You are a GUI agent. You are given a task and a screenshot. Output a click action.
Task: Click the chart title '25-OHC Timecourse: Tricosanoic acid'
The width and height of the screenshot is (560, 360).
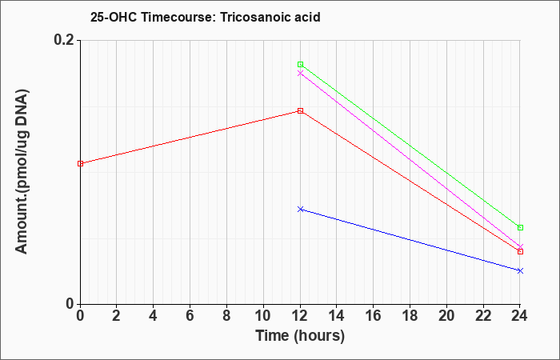(206, 17)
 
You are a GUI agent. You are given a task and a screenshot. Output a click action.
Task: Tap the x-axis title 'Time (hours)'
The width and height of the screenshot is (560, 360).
(300, 336)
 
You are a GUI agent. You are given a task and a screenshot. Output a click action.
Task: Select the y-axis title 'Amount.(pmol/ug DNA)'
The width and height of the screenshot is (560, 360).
(22, 172)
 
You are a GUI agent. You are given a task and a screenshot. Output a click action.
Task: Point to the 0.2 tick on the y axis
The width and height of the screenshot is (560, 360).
(66, 40)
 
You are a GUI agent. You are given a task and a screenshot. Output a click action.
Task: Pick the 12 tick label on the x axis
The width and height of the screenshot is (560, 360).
(300, 316)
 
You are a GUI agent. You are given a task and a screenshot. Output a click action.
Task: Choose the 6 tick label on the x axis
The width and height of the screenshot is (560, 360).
(190, 316)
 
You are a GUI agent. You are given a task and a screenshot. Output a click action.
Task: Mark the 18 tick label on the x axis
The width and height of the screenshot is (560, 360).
(410, 316)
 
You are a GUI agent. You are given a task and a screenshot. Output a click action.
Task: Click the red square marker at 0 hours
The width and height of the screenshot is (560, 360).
(81, 163)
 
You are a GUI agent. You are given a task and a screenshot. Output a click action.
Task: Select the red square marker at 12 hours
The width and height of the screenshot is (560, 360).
(300, 110)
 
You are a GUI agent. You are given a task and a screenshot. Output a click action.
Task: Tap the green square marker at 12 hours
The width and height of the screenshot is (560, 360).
(300, 64)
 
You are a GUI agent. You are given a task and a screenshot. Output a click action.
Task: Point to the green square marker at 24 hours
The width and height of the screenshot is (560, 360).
(520, 227)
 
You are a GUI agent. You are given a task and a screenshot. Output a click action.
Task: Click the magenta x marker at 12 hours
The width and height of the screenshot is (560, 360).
(300, 74)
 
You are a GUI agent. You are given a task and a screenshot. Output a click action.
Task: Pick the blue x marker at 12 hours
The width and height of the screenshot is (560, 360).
(300, 209)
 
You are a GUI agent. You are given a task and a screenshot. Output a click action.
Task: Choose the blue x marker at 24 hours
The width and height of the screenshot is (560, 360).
(520, 270)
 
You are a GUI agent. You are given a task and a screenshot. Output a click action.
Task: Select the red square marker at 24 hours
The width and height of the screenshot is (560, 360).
(520, 252)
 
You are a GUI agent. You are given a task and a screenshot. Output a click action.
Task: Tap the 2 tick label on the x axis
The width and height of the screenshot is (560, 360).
(117, 316)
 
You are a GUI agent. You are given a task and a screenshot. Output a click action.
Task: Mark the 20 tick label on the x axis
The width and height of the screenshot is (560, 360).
(446, 316)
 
